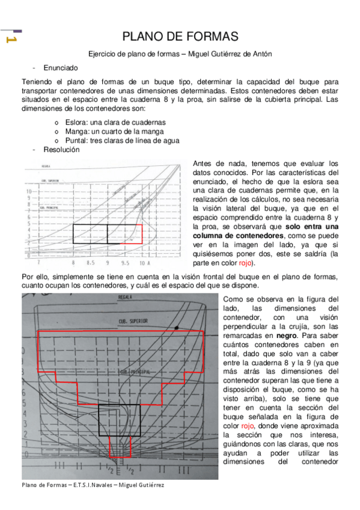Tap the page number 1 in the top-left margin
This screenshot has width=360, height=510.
[x=10, y=40]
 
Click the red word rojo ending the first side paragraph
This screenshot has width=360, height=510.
[x=245, y=263]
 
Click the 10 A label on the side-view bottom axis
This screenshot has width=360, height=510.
[x=144, y=263]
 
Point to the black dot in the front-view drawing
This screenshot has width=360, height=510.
[x=177, y=328]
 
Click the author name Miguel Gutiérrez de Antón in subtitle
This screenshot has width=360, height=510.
[x=230, y=54]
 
